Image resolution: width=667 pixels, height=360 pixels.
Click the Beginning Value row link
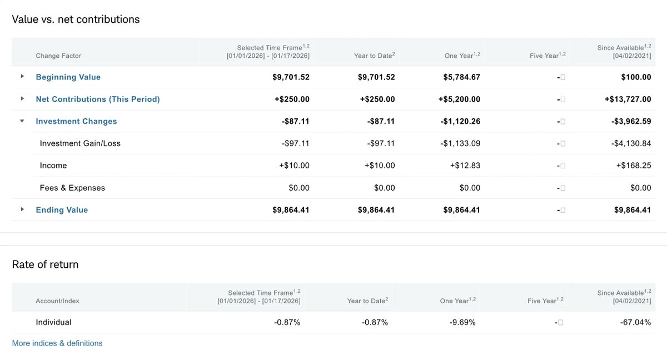click(68, 77)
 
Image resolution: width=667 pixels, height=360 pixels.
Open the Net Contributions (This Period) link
click(97, 99)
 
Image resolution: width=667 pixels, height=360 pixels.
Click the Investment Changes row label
click(76, 122)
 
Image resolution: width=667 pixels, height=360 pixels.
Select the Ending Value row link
click(62, 210)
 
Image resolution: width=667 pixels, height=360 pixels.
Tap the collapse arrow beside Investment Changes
click(22, 121)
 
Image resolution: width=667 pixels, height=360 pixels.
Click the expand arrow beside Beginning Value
click(22, 77)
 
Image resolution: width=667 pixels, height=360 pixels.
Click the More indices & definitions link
click(57, 343)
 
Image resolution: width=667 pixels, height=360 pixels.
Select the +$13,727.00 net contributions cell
click(628, 99)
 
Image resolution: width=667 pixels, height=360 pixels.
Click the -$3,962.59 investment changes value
click(630, 122)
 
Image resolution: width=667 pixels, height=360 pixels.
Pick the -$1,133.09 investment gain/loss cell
click(460, 143)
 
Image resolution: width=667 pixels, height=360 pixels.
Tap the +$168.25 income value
click(633, 166)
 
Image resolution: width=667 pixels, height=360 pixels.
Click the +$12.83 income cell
click(465, 166)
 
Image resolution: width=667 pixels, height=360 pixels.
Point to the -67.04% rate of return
click(636, 322)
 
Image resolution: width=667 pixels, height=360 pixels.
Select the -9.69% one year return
click(462, 322)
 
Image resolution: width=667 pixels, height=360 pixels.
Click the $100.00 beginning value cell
click(636, 77)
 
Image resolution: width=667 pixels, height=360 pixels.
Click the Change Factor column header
click(58, 56)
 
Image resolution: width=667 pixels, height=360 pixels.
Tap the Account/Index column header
click(57, 301)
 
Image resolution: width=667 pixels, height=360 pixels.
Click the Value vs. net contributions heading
click(76, 19)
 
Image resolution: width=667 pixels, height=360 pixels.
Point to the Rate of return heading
click(45, 264)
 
